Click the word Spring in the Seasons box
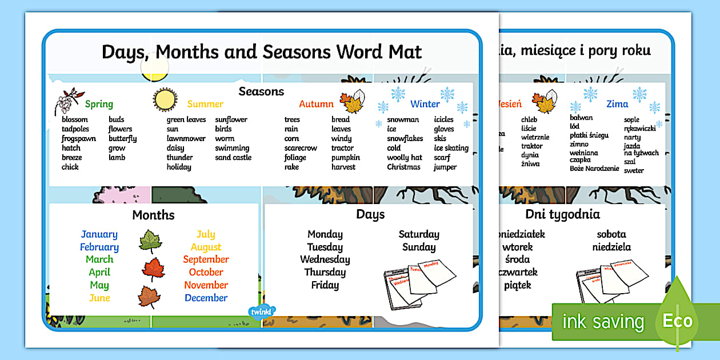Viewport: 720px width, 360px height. pyautogui.click(x=99, y=104)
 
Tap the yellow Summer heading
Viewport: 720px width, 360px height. pyautogui.click(x=205, y=104)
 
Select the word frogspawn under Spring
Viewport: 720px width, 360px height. pyautogui.click(x=79, y=138)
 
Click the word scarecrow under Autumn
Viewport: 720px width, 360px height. pyautogui.click(x=301, y=148)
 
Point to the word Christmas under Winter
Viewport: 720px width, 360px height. pyautogui.click(x=403, y=167)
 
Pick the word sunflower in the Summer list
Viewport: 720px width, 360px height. pyautogui.click(x=231, y=119)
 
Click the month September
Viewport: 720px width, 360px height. pyautogui.click(x=206, y=259)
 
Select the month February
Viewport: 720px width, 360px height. pyautogui.click(x=99, y=247)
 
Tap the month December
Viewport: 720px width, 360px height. pyautogui.click(x=206, y=298)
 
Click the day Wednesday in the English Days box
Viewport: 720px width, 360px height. pyautogui.click(x=325, y=259)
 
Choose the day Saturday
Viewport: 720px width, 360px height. pyautogui.click(x=419, y=234)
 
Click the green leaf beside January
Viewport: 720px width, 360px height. pyautogui.click(x=150, y=241)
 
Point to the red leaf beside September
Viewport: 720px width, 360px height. pyautogui.click(x=153, y=269)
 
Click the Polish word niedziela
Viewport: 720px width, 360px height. pyautogui.click(x=611, y=247)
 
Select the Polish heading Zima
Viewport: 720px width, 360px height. pyautogui.click(x=617, y=104)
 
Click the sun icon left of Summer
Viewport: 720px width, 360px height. pyautogui.click(x=165, y=100)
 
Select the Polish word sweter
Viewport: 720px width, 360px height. pyautogui.click(x=634, y=170)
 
